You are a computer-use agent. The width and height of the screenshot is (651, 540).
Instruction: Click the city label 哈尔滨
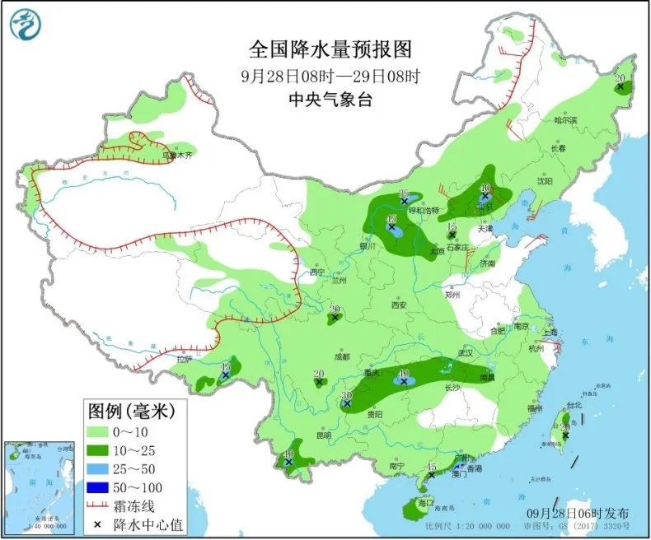[565, 121]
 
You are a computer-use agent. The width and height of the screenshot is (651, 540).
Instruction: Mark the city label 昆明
[323, 435]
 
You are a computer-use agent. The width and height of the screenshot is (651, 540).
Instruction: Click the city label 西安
[399, 305]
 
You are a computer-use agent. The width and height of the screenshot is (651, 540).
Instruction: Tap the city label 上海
[551, 332]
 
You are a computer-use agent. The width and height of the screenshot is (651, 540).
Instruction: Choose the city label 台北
[572, 406]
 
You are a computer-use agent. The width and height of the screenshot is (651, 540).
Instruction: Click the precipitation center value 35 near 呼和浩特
[404, 193]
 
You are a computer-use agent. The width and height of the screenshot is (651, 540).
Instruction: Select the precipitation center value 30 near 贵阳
[347, 396]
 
